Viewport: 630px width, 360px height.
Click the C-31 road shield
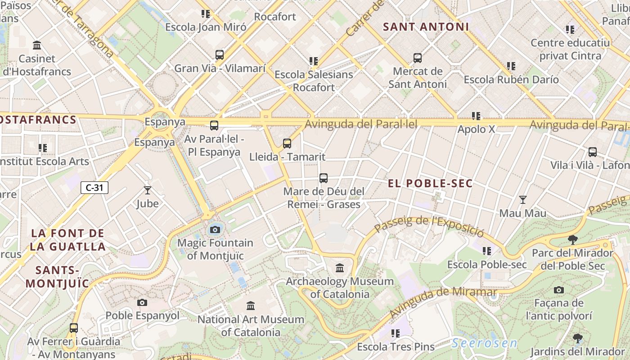tap(94, 188)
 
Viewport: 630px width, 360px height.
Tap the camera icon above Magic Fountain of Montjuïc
tap(215, 230)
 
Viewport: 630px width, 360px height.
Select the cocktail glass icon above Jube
tap(147, 190)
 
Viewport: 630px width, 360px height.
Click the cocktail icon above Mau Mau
tap(522, 200)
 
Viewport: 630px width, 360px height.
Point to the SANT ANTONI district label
tap(426, 27)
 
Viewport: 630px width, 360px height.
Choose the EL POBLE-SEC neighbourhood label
tap(430, 184)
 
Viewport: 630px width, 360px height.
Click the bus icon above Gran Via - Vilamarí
tap(220, 55)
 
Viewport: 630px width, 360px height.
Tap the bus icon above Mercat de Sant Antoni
tap(418, 58)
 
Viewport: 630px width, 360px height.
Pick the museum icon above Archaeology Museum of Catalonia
tap(340, 268)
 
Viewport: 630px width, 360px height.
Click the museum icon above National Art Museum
tap(251, 306)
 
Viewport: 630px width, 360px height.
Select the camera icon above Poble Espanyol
tap(142, 302)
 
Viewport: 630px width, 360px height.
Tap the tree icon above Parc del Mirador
tap(572, 239)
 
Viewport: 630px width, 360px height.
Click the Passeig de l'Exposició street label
tap(429, 226)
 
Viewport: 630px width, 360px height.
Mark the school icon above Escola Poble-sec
tap(487, 251)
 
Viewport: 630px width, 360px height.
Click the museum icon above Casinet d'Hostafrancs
tap(37, 45)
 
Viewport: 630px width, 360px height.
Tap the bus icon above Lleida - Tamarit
tap(287, 144)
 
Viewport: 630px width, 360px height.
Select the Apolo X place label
tap(476, 129)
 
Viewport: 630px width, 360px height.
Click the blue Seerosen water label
tap(484, 343)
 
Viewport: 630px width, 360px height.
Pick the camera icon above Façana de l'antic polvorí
tap(559, 290)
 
